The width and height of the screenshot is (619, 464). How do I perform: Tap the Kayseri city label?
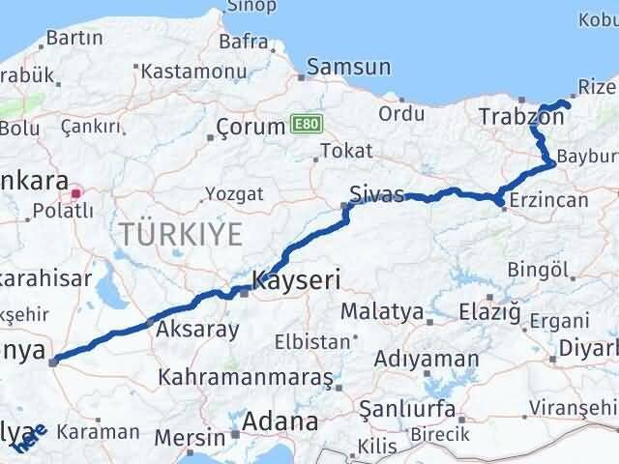295,281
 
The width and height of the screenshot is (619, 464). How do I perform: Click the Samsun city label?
349,67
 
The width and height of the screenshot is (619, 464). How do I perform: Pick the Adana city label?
280,421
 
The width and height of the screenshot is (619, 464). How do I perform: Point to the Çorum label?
250,127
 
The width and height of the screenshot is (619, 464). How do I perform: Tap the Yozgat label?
235,193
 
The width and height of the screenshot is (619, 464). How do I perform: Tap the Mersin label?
190,437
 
